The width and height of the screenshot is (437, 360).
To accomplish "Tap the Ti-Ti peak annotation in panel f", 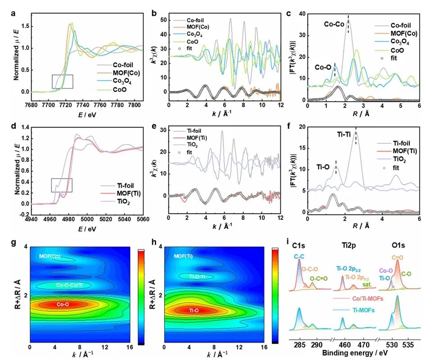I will pyautogui.click(x=347, y=133).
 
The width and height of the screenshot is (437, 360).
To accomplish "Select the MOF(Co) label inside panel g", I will pyautogui.click(x=50, y=256).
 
